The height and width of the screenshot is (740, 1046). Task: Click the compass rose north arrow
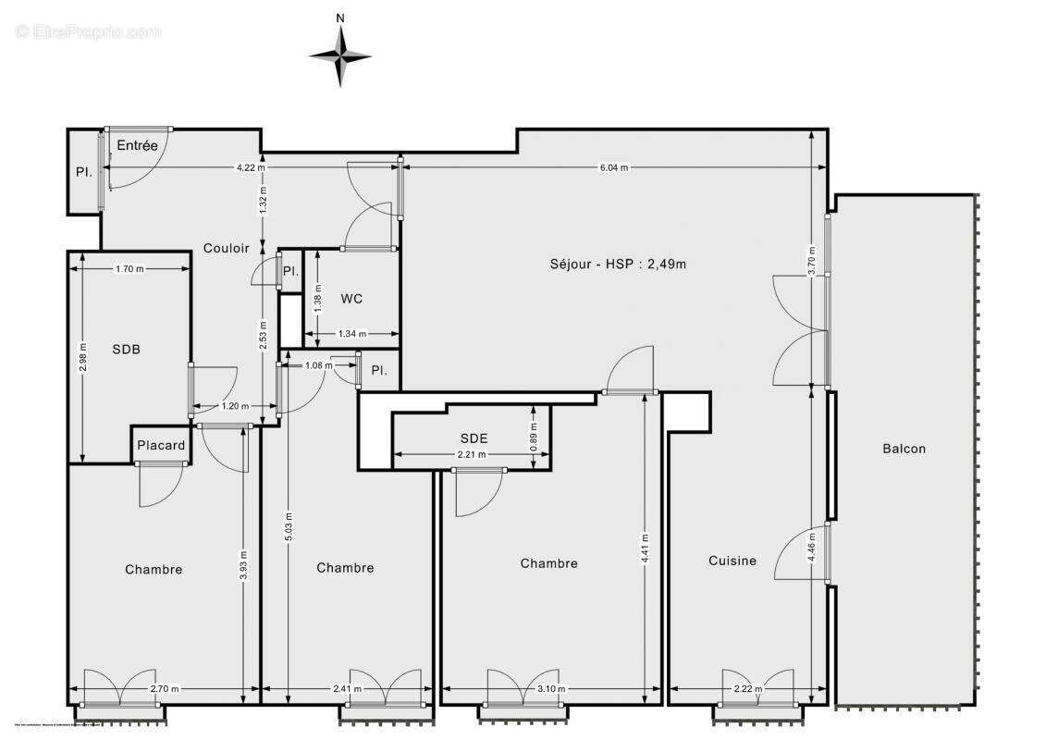[x=340, y=54]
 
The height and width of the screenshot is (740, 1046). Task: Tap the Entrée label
[x=137, y=145]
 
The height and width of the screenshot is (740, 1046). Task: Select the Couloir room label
[x=227, y=248]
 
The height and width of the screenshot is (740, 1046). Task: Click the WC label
[x=351, y=298]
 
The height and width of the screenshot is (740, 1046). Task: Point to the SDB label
[x=127, y=349]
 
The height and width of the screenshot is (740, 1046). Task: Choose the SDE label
[x=474, y=438]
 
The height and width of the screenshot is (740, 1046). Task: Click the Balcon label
[x=904, y=449]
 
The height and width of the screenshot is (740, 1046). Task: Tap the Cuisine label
[x=732, y=560]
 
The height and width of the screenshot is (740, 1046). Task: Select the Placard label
[x=161, y=445]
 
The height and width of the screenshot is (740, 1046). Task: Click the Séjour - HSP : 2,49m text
[x=618, y=264]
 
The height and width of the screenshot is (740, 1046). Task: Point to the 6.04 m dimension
[x=614, y=167]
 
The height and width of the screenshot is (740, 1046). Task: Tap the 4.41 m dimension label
[x=645, y=549]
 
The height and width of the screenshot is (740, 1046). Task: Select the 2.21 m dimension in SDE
[x=473, y=454]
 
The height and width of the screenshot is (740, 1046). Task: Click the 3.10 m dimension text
[x=552, y=688]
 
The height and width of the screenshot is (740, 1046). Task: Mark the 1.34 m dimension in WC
[x=352, y=334]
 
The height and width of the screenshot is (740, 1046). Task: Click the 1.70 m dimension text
[x=129, y=269]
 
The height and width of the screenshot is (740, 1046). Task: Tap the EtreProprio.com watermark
[x=89, y=31]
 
